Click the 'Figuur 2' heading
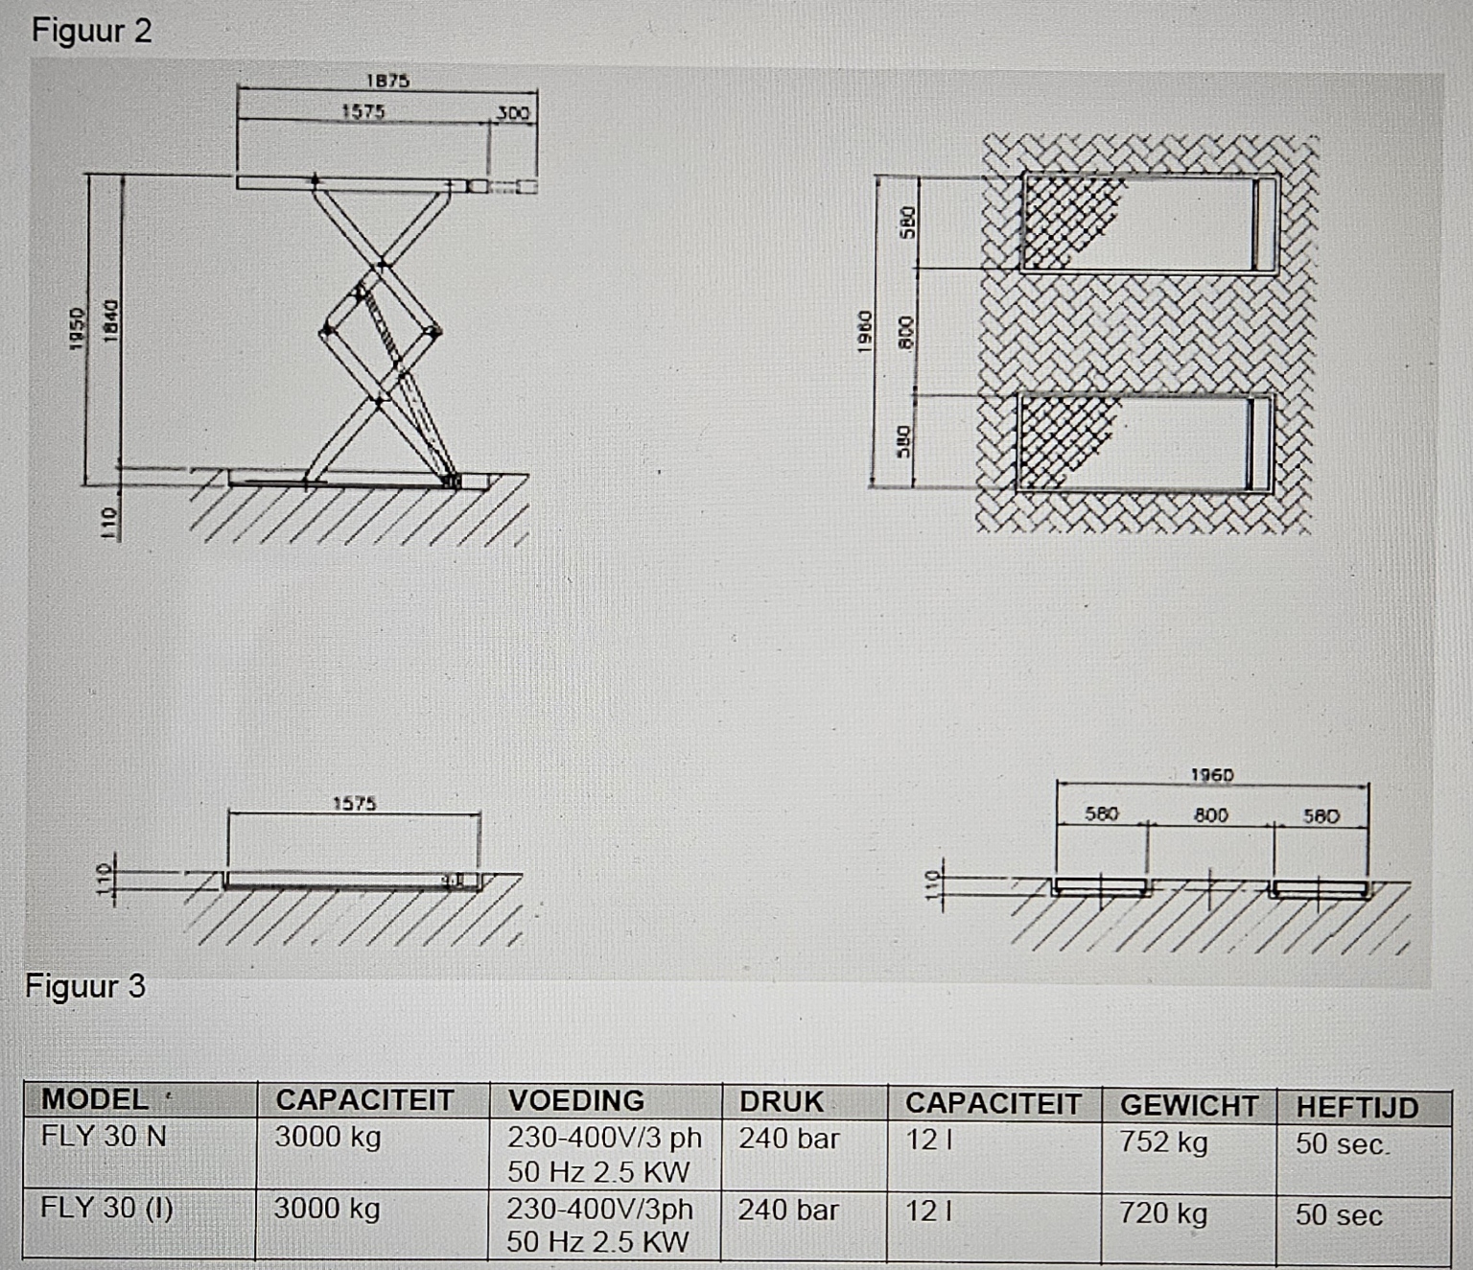92,31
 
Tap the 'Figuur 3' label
85,986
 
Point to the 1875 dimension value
387,81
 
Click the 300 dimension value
513,113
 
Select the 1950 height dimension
78,329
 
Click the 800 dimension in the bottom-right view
1211,814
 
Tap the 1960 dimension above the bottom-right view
1212,775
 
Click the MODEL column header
95,1099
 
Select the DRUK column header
781,1102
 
